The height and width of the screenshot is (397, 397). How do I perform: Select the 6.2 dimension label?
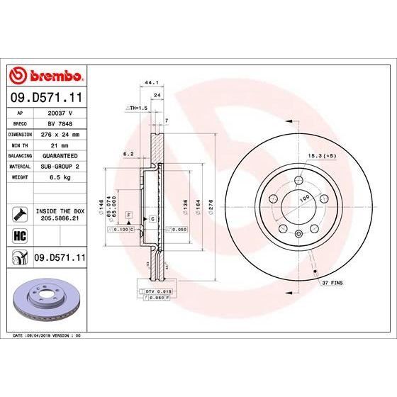coord(128,152)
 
